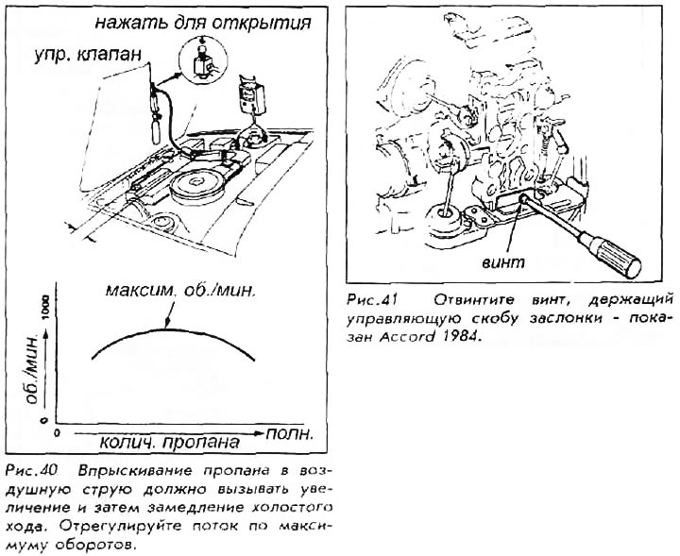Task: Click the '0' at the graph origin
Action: [x=57, y=432]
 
